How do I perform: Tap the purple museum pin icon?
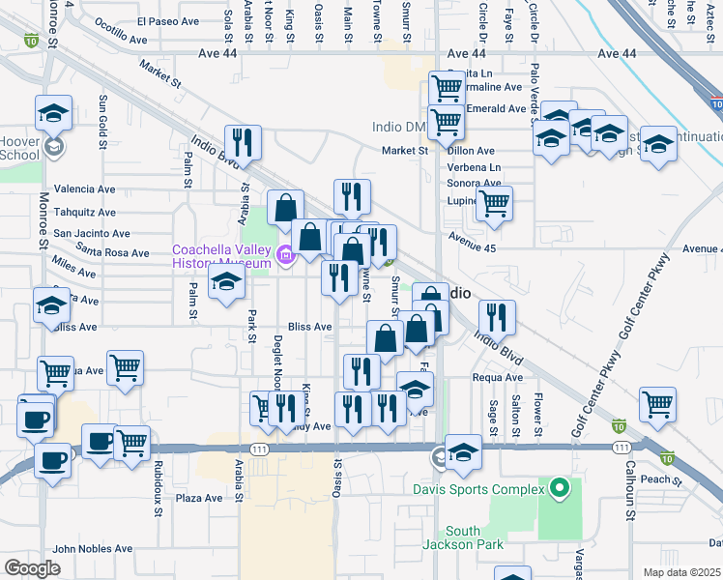pyautogui.click(x=285, y=255)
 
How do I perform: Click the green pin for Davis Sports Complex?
pyautogui.click(x=559, y=489)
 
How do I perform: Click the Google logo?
pyautogui.click(x=32, y=567)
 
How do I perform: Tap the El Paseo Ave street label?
pyautogui.click(x=167, y=21)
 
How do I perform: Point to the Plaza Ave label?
pyautogui.click(x=198, y=499)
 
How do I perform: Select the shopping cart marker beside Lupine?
pyautogui.click(x=494, y=204)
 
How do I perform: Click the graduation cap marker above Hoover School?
pyautogui.click(x=54, y=113)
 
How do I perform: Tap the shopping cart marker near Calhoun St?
pyautogui.click(x=657, y=404)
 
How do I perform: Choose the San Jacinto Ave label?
pyautogui.click(x=91, y=233)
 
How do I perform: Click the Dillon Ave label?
pyautogui.click(x=471, y=151)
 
